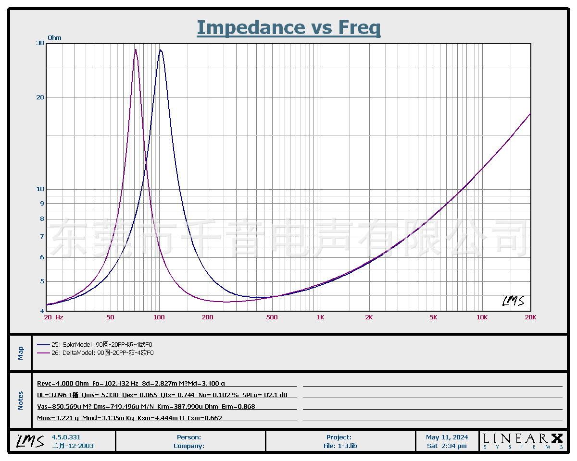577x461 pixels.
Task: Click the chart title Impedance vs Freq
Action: (288, 27)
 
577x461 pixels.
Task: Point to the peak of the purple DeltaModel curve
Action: (136, 49)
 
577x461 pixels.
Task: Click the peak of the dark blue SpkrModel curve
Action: (161, 50)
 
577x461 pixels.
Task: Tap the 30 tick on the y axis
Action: (40, 43)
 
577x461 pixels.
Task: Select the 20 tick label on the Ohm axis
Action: (40, 97)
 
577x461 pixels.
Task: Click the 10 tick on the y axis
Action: (40, 189)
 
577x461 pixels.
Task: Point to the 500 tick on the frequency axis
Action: (272, 317)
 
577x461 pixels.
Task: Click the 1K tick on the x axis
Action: (321, 317)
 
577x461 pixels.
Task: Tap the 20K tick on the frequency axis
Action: (530, 317)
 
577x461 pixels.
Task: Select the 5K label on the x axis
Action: (433, 317)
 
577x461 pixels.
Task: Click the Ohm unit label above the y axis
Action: (54, 37)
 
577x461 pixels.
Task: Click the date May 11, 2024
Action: (447, 437)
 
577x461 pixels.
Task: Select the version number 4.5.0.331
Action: (66, 437)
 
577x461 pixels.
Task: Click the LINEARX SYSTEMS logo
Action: (523, 441)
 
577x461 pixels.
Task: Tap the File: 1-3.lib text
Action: (340, 446)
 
